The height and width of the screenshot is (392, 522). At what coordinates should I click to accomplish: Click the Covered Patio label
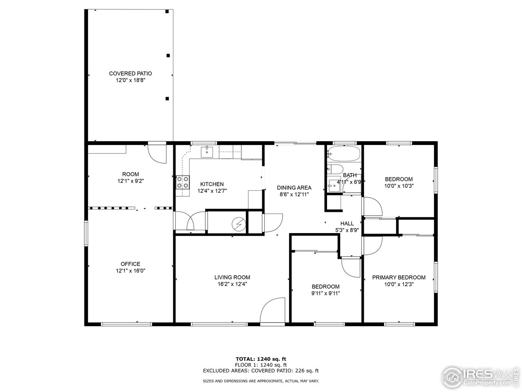[130, 73]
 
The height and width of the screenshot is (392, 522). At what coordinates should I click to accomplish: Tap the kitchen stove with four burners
[183, 182]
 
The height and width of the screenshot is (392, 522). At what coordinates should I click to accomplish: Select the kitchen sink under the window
[208, 152]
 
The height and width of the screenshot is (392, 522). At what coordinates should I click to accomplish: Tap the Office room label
[130, 264]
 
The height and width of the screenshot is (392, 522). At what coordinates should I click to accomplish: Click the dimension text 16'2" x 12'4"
[232, 284]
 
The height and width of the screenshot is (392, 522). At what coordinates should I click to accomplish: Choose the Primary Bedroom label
[398, 277]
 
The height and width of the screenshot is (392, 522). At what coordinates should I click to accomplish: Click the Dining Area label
[294, 188]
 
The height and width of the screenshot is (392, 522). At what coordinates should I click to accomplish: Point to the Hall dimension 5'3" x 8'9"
[347, 230]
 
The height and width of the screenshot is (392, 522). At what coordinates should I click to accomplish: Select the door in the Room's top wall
[157, 153]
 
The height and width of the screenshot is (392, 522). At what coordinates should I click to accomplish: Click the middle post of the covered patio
[168, 56]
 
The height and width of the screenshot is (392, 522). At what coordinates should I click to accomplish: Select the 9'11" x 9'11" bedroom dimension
[325, 293]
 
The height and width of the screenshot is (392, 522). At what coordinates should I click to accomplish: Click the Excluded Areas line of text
[261, 371]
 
